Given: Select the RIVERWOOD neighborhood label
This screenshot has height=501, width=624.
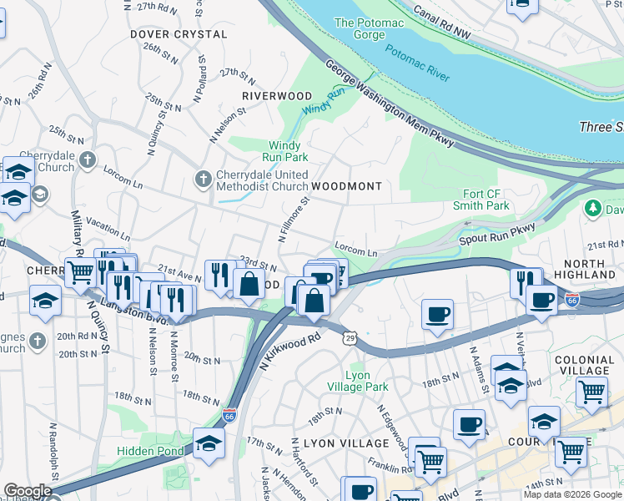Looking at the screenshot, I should [276, 97].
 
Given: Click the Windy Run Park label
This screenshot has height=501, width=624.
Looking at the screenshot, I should [288, 151].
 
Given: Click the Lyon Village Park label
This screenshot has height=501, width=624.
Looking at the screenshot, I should [367, 382].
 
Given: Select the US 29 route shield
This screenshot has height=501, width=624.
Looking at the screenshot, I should [350, 336].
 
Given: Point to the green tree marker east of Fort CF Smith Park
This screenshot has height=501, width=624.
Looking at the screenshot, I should [594, 207].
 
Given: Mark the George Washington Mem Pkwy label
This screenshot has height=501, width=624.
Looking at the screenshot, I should [389, 104].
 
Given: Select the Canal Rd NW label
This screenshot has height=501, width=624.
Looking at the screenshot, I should [454, 25].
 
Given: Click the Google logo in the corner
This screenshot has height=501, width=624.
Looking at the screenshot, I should [28, 492].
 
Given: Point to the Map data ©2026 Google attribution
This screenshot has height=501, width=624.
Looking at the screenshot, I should [571, 494].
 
